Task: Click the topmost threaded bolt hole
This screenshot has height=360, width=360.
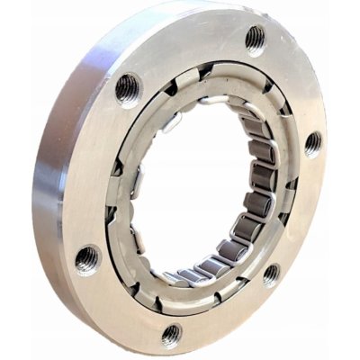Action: pos(255,40)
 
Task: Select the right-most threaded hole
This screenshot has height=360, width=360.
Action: pos(312,143)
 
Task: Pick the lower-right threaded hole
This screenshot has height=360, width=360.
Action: pos(271,274)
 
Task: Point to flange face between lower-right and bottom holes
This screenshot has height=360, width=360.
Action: pos(225,315)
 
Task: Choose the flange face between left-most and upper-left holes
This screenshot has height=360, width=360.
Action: pos(94,171)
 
